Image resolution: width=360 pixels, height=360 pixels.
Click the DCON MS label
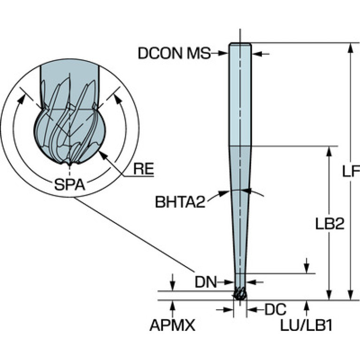click(x=174, y=54)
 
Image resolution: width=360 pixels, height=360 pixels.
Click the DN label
click(x=207, y=282)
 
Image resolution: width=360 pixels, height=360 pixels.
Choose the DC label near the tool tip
click(x=276, y=310)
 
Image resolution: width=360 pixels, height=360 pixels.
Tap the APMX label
click(x=172, y=325)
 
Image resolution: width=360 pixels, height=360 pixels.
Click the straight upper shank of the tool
click(x=240, y=94)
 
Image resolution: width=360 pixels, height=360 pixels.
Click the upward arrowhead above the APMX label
click(x=173, y=304)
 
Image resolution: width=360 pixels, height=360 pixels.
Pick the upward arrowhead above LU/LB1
click(x=307, y=304)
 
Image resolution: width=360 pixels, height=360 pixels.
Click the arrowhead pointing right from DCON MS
click(x=226, y=54)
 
